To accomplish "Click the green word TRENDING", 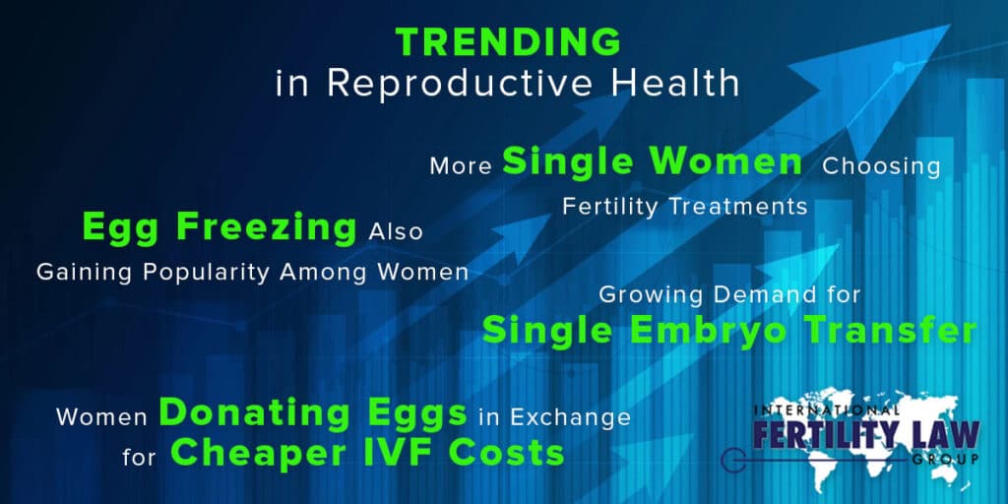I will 508,41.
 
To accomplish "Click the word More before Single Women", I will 461,165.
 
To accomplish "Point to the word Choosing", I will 881,166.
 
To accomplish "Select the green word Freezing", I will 266,227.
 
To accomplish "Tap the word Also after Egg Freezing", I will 396,232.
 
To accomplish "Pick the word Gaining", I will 83,273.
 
